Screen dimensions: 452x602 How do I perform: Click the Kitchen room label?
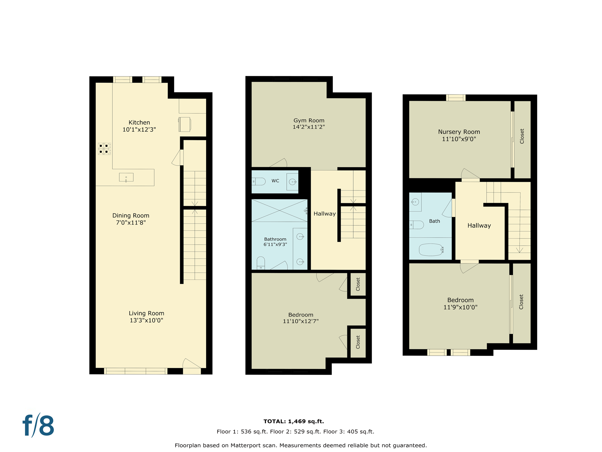coord(139,122)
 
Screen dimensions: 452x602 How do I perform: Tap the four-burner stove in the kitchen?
coord(104,149)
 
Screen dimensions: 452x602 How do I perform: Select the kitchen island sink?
coord(126,177)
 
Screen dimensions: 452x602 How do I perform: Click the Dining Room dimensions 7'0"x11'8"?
coord(131,223)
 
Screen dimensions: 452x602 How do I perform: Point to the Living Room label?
coord(146,313)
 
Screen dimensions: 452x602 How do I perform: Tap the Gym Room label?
coord(309,120)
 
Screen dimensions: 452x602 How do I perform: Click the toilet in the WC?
coord(259,181)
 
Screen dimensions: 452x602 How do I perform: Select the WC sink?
coord(292,182)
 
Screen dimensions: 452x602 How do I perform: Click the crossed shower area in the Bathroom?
coord(279,210)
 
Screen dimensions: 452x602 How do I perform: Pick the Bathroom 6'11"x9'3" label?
coord(275,242)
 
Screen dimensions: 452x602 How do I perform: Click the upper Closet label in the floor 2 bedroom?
coord(358,284)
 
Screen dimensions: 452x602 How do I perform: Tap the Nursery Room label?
coord(459,132)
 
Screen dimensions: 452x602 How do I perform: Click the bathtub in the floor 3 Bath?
coord(431,250)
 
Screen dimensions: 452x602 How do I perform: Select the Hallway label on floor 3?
coord(479,226)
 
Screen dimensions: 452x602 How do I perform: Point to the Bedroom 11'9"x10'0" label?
coord(460,303)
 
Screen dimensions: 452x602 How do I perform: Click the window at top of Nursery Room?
coord(456,97)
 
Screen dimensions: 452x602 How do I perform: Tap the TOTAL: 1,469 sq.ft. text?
coord(293,421)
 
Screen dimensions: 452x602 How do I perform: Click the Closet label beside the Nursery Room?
coord(522,136)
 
